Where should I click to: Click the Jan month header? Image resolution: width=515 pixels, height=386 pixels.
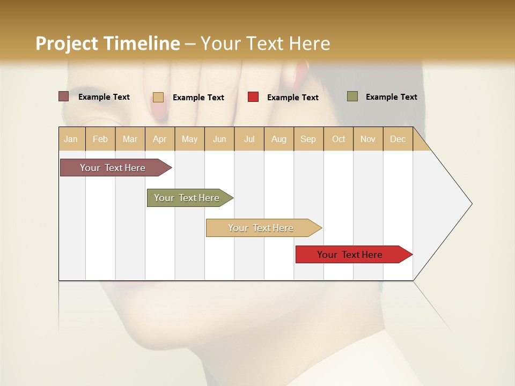click(x=71, y=139)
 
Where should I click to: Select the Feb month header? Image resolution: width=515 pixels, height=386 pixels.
click(x=100, y=139)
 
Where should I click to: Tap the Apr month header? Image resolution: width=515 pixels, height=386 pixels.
click(x=159, y=139)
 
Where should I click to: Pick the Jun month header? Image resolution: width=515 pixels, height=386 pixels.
click(x=219, y=139)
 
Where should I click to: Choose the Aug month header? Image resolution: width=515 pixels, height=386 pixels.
click(x=278, y=139)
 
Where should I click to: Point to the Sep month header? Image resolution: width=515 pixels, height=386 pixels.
click(x=308, y=139)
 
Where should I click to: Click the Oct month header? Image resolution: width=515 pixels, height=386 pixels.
click(x=339, y=139)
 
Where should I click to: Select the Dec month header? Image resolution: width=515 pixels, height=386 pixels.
click(x=398, y=139)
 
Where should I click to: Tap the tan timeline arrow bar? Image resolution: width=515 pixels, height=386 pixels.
click(x=261, y=228)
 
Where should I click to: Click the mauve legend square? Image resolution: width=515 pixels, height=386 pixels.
click(x=63, y=96)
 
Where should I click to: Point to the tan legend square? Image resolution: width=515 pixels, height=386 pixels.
click(x=158, y=97)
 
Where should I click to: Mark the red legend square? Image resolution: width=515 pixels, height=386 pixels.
click(x=253, y=97)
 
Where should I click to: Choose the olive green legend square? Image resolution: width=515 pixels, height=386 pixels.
click(x=352, y=96)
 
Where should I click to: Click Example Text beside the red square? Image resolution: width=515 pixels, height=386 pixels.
click(x=292, y=98)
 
